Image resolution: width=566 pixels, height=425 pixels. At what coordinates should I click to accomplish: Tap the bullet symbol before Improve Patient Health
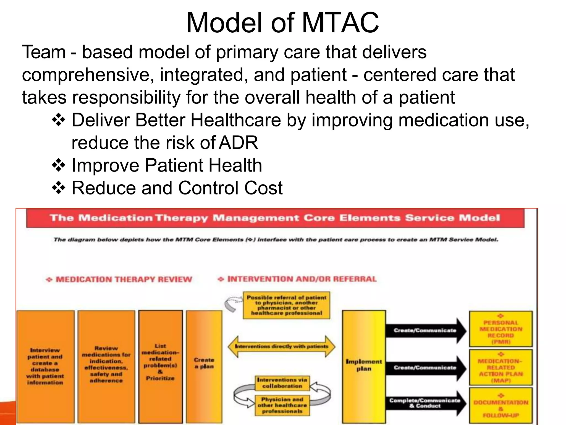coord(59,165)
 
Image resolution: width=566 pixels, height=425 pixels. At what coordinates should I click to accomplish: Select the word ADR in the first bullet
coord(238,143)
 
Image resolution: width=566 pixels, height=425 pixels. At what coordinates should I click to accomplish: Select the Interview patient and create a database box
coord(45,366)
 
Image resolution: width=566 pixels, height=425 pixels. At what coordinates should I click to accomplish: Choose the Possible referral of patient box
coord(287,305)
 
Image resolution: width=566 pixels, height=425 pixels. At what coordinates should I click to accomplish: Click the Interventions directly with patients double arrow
coord(281,346)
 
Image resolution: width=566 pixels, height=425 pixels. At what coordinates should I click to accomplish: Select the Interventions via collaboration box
coord(282,383)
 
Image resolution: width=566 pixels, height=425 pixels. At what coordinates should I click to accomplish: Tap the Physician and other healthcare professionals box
coord(282,405)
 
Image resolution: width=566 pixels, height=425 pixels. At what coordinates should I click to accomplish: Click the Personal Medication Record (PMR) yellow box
coord(501,329)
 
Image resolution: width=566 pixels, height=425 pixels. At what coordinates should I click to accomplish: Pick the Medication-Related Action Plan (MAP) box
coord(501,368)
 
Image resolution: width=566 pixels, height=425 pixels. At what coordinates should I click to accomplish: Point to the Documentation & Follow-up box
coord(501,405)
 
